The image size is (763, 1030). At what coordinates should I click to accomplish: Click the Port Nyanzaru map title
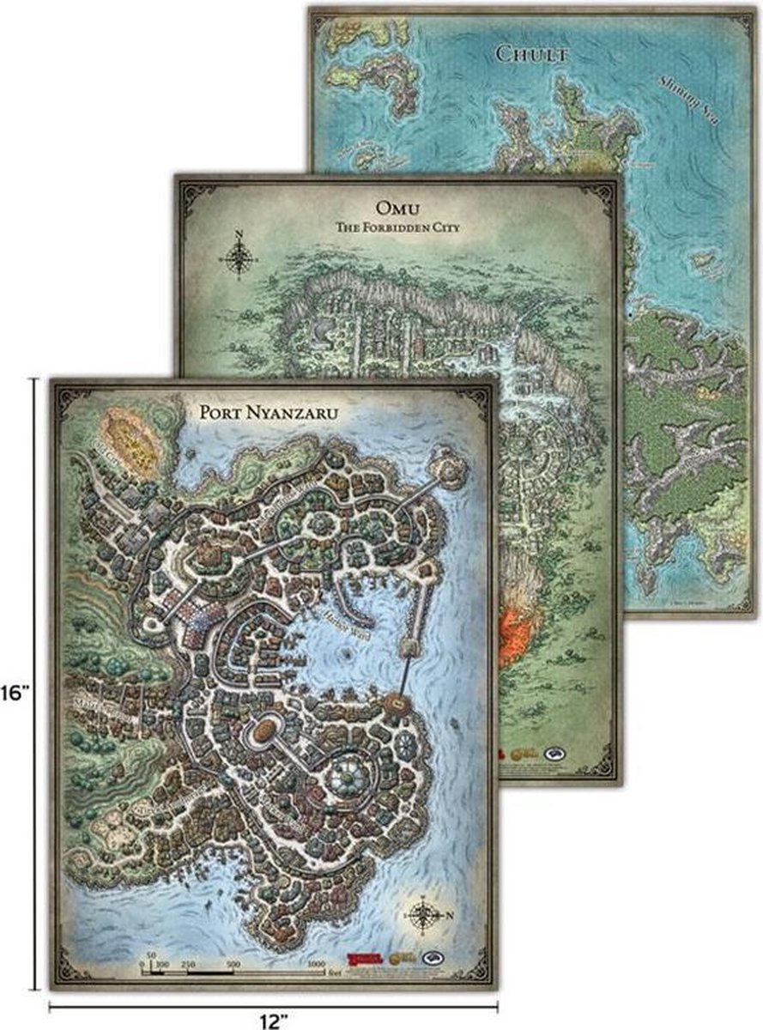tap(267, 411)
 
